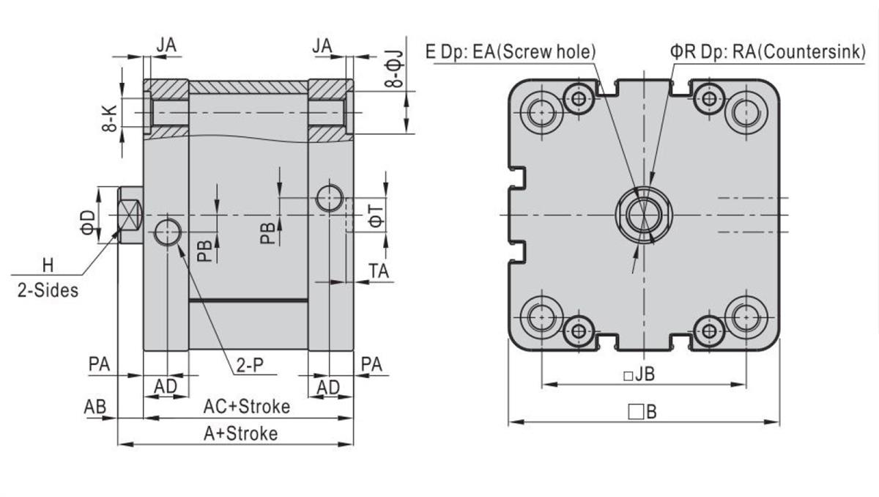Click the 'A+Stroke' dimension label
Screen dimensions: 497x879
tap(240, 433)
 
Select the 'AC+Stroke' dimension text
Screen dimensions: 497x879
tap(246, 406)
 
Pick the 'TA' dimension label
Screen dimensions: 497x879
tap(378, 270)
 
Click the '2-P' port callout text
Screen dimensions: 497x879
tap(249, 366)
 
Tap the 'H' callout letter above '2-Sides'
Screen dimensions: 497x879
tap(48, 264)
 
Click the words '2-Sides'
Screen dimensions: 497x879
tap(47, 290)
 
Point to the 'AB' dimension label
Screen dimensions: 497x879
tap(95, 406)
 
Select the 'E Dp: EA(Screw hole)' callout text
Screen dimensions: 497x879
tap(511, 51)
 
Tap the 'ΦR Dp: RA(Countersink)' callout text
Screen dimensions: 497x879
tap(768, 51)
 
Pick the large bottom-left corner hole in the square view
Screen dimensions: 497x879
tap(542, 316)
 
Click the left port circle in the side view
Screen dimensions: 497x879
tap(168, 232)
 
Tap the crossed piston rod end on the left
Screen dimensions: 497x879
tap(130, 214)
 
